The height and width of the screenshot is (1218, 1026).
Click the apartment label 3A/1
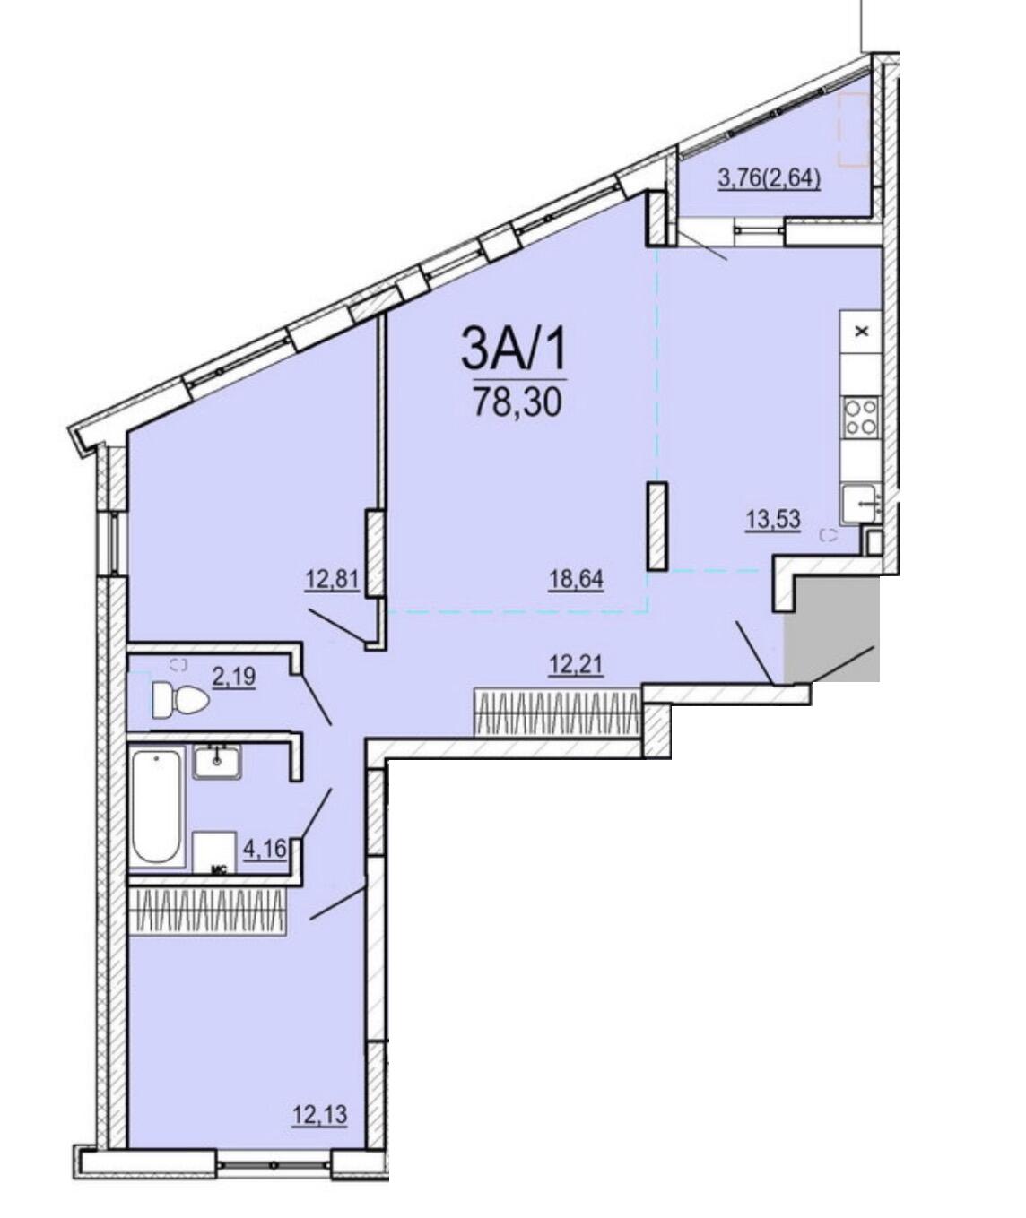pos(514,348)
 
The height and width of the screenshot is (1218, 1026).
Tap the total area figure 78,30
pos(517,402)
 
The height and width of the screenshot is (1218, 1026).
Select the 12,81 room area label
pos(332,581)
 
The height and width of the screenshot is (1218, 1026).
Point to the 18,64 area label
pos(576,579)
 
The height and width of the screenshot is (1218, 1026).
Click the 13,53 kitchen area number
pos(773,519)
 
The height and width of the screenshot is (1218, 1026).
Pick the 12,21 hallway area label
pos(576,664)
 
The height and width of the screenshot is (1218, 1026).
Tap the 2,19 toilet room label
pos(234,678)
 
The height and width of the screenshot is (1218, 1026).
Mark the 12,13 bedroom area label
pos(320,1115)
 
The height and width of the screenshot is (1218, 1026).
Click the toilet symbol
pos(180,700)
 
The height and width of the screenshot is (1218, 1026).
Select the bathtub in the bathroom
pos(157,808)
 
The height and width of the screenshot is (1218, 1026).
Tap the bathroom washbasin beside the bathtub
pos(217,762)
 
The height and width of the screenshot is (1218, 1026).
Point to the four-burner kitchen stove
pos(861,418)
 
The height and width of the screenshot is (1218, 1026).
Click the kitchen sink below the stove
pos(861,505)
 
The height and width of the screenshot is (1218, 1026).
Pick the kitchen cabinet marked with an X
pos(861,332)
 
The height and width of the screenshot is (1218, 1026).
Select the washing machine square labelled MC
pos(214,853)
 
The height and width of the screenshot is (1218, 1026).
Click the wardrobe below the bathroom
pos(207,911)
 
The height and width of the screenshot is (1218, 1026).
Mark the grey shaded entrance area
pos(831,629)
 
